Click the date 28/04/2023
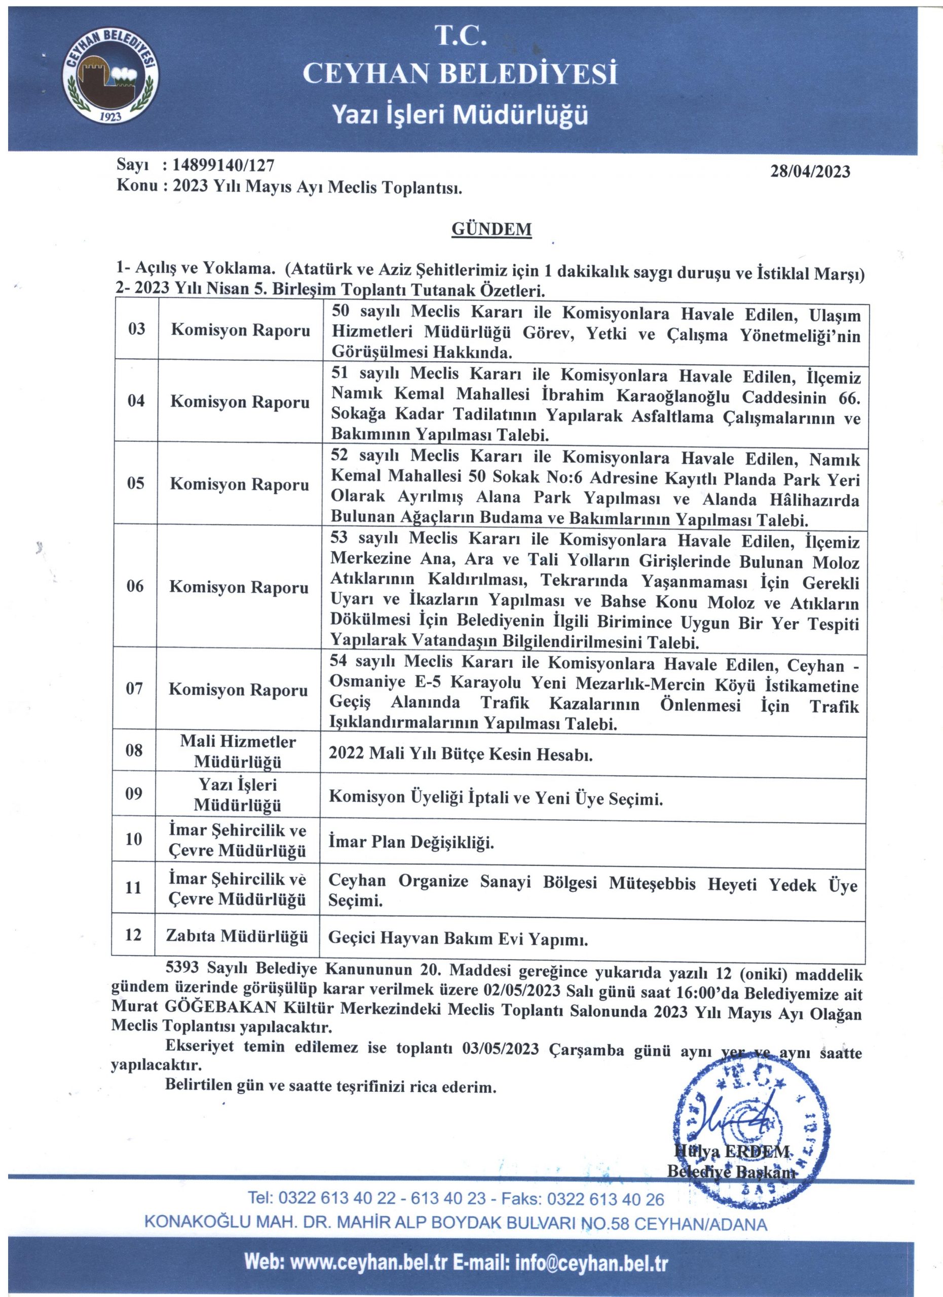(x=810, y=172)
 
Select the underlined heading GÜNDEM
(x=492, y=230)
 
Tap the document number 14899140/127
(x=219, y=166)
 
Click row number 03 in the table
(x=137, y=329)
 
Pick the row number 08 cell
(x=134, y=750)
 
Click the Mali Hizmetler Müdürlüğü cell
(x=238, y=751)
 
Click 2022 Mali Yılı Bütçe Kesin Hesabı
(x=460, y=754)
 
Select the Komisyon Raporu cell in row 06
(x=239, y=587)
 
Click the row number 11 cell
(x=133, y=887)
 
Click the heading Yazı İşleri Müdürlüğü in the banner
(x=460, y=116)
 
